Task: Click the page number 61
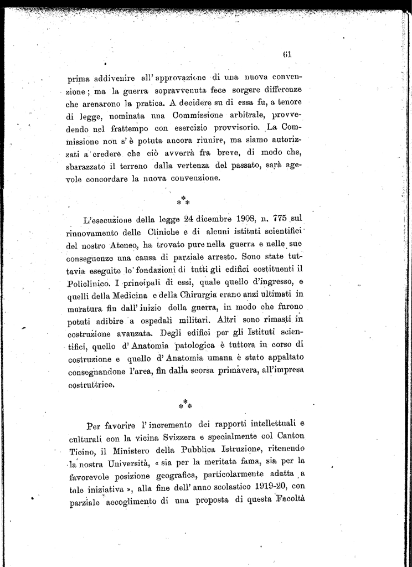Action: pyautogui.click(x=287, y=54)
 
